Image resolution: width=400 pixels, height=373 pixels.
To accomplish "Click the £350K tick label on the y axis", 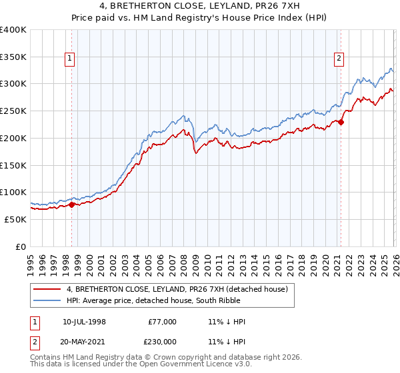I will click(x=13, y=57).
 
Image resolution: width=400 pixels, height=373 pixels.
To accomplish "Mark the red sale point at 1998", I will click(x=72, y=204).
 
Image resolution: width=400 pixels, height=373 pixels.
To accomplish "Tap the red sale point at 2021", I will click(x=341, y=122).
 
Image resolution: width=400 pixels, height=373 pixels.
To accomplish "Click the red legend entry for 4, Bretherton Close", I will click(x=177, y=289).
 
